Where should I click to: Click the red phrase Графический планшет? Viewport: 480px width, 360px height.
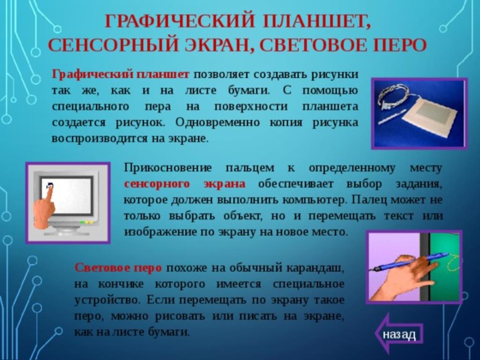tap(120, 75)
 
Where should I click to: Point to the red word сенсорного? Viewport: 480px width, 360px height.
tap(157, 184)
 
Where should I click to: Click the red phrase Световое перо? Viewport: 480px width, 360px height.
tap(118, 268)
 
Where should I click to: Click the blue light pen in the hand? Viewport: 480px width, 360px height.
tap(410, 262)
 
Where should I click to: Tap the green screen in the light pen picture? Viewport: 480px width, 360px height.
tap(444, 266)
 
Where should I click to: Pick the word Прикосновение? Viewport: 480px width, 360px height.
tap(168, 168)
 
